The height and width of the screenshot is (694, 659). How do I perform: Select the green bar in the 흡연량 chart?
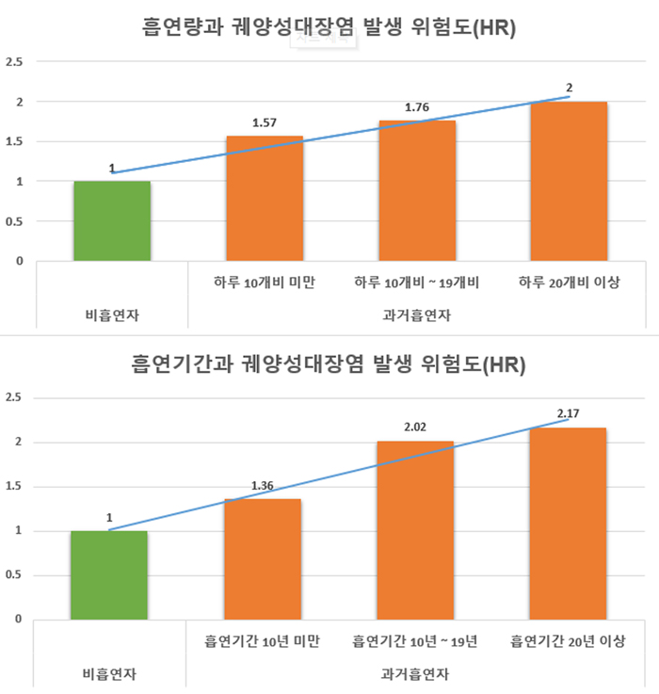[x=112, y=220]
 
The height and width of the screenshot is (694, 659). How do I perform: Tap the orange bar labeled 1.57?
[x=265, y=199]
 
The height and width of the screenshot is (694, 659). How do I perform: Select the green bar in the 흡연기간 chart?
[x=109, y=574]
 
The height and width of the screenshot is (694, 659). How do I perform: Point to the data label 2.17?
[x=568, y=413]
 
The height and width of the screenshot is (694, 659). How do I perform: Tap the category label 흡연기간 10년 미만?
[x=263, y=642]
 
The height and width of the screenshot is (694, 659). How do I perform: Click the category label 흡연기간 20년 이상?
[x=568, y=642]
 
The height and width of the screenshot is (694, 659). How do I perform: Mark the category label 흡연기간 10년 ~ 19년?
[x=415, y=642]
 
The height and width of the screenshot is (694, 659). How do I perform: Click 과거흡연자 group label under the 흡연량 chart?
[x=416, y=316]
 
